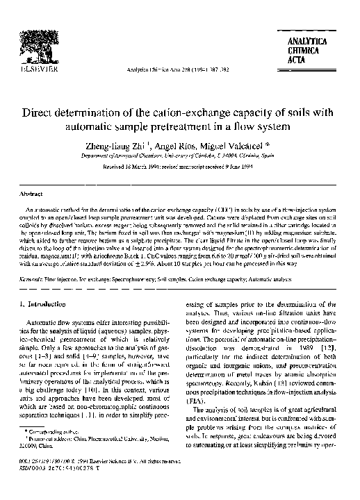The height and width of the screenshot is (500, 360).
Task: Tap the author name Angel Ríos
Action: [180, 147]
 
